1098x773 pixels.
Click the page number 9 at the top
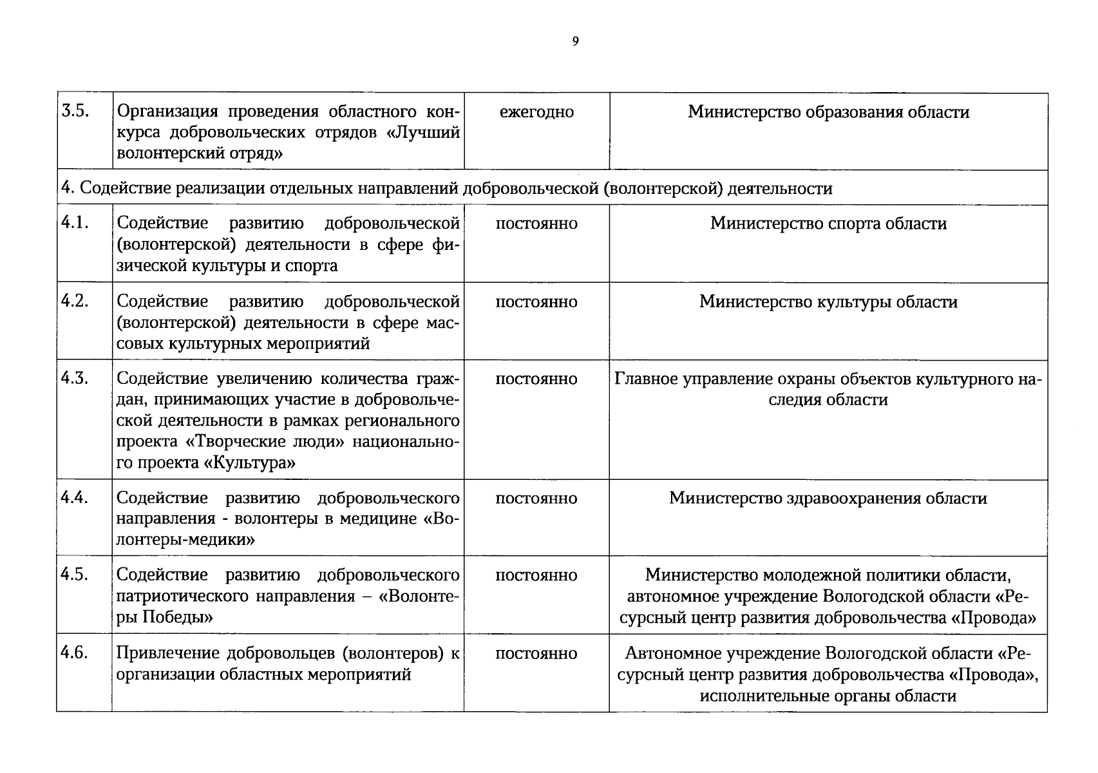575,42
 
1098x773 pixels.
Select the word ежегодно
536,112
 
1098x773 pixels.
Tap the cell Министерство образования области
828,112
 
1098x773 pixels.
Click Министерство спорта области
828,224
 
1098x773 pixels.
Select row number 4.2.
74,301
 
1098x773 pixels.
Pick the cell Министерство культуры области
828,302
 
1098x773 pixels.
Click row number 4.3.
74,378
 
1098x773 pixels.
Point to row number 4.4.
74,497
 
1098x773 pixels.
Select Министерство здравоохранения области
828,499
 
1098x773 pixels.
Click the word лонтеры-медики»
185,540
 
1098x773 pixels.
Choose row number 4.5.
74,574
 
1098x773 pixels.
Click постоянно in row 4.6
536,653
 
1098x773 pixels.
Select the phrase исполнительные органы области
828,696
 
